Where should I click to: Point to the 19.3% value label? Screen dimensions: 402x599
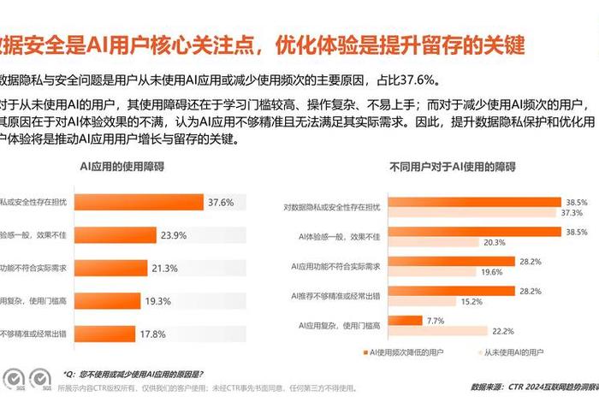pyautogui.click(x=158, y=301)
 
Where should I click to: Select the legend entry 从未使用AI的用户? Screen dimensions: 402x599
pyautogui.click(x=514, y=352)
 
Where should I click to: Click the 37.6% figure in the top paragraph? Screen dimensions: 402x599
pyautogui.click(x=416, y=81)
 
